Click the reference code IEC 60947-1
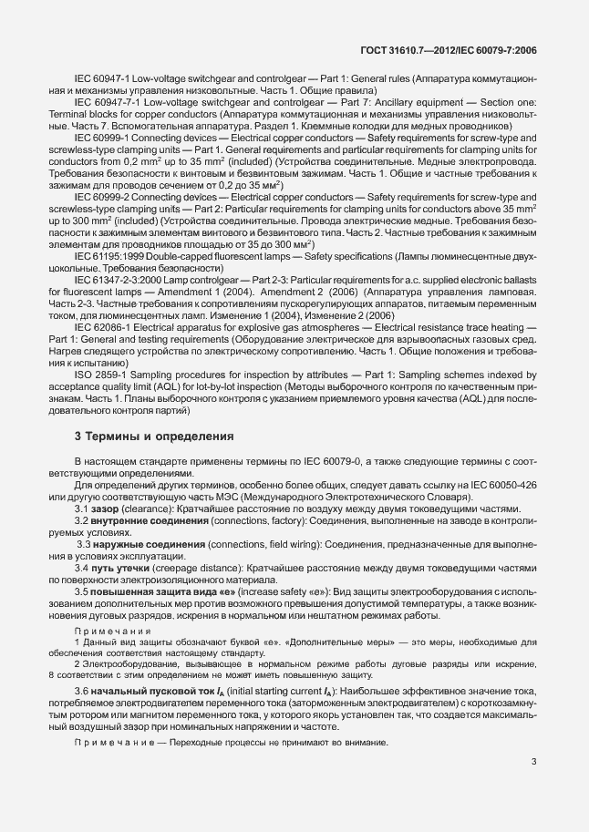pos(101,80)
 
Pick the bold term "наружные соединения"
pos(142,544)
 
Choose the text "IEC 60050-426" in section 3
pos(511,485)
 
